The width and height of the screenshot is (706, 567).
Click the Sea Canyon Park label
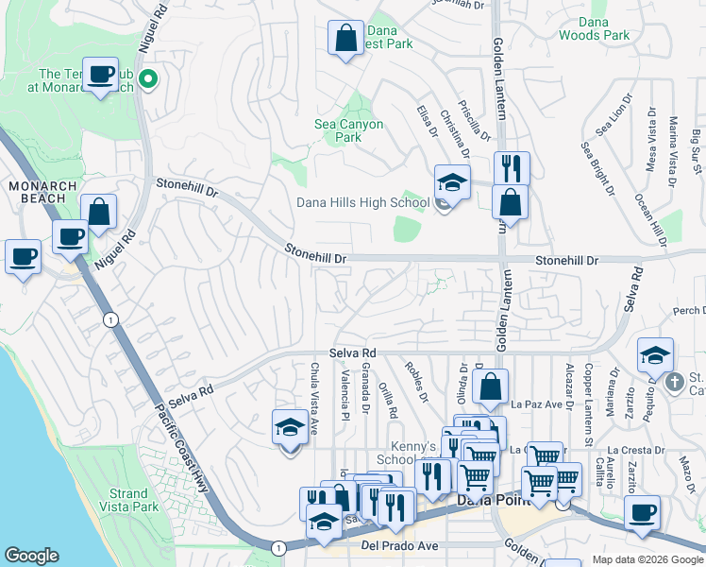(x=348, y=130)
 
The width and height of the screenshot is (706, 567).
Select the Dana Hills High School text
(x=363, y=202)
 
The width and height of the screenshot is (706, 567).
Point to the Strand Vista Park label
(x=128, y=500)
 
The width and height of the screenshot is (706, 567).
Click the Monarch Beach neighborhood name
(x=37, y=192)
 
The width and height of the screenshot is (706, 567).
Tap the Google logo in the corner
(x=31, y=556)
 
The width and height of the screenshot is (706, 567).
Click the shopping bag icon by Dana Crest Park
(x=345, y=39)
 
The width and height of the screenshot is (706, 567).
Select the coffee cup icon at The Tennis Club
(x=100, y=74)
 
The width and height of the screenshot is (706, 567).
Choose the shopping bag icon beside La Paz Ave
(x=491, y=387)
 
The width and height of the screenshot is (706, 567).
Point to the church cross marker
(x=673, y=383)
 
